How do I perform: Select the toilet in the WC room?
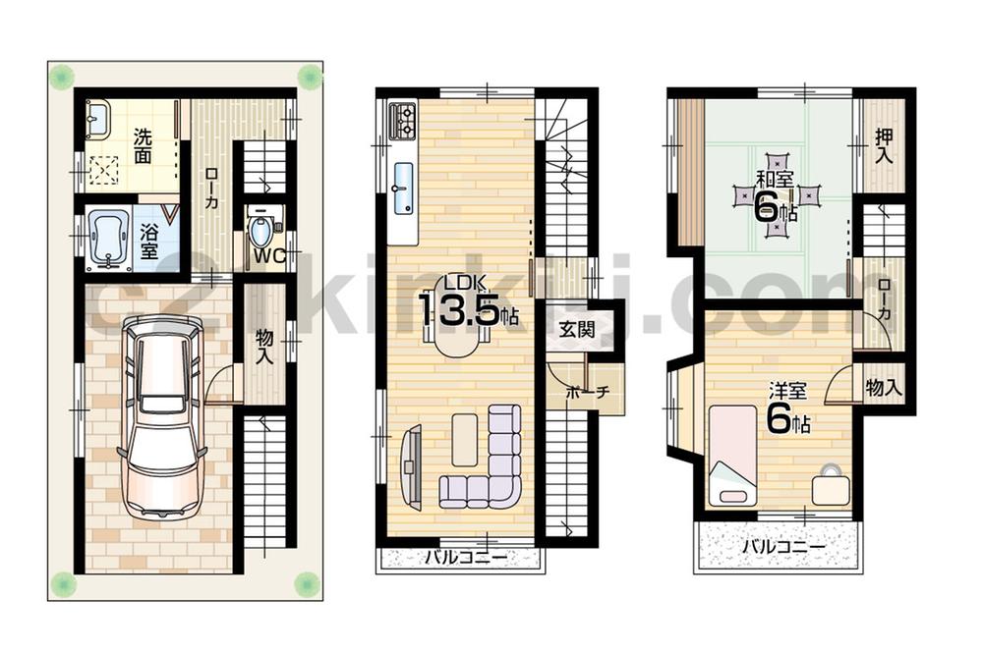[260, 233]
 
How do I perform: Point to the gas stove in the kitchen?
[404, 121]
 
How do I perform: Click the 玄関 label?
[577, 330]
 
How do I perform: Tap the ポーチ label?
[588, 392]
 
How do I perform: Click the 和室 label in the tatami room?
[775, 180]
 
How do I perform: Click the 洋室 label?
[787, 392]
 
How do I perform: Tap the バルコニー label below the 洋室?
[781, 547]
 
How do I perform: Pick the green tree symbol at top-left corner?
[63, 76]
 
